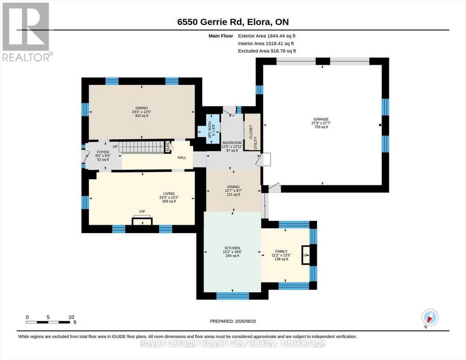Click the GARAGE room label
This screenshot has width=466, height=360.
321,119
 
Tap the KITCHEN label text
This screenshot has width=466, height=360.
232,248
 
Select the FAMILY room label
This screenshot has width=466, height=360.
281,252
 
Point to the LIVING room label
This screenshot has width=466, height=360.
169,194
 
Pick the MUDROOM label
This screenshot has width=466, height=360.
232,142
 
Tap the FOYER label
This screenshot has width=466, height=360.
103,152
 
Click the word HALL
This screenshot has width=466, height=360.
182,157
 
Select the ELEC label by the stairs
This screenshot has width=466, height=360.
167,146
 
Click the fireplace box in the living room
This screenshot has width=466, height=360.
142,222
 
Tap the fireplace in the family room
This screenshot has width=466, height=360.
305,255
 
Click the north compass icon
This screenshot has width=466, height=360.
430,317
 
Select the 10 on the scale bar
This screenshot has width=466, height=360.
71,317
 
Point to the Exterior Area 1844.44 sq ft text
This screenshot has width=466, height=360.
267,36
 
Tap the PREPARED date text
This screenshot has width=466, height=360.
233,321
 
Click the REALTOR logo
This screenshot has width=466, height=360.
27,32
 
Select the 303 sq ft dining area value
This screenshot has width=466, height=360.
141,116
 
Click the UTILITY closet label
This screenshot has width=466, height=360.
255,143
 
